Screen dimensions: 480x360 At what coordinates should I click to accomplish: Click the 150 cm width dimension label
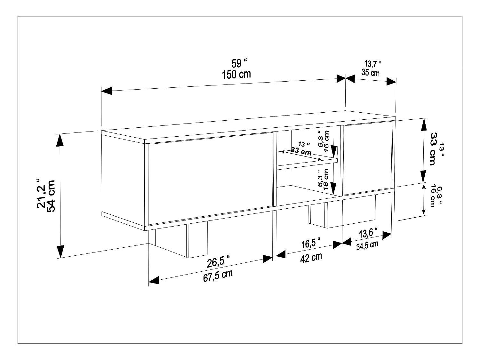tap(236, 75)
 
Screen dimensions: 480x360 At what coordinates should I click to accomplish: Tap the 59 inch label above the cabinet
tap(239, 64)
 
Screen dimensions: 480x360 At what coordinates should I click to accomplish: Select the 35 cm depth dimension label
tap(371, 72)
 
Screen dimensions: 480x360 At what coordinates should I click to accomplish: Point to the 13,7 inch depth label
tap(372, 64)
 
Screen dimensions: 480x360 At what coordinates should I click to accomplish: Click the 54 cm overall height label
tap(52, 196)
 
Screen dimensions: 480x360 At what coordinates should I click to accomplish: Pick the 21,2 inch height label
tap(41, 193)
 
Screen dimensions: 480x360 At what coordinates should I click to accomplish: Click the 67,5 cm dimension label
tap(218, 276)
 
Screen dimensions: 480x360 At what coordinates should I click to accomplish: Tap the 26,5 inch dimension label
tap(218, 261)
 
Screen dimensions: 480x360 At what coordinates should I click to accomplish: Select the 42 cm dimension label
tap(311, 258)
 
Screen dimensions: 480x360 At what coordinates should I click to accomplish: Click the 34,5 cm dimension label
tap(367, 245)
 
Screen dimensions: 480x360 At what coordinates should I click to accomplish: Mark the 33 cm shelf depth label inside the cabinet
tap(301, 151)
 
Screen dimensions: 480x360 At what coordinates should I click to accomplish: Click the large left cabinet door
tap(211, 179)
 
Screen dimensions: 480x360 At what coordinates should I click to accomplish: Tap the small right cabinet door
tap(367, 158)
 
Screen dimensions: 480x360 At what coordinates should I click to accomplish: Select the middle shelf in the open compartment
tap(307, 163)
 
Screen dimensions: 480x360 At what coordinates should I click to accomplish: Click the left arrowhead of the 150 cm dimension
tap(107, 91)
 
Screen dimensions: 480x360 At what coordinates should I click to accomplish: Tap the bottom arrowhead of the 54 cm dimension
tap(60, 252)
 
